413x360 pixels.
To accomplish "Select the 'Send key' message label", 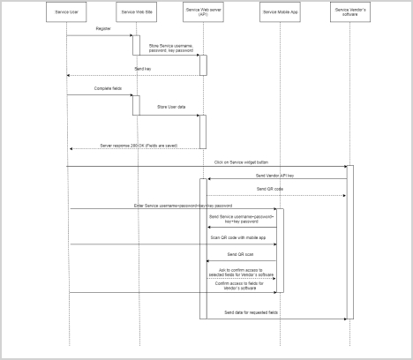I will [x=141, y=68].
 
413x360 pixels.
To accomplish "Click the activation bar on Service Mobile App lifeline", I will [x=281, y=251].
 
